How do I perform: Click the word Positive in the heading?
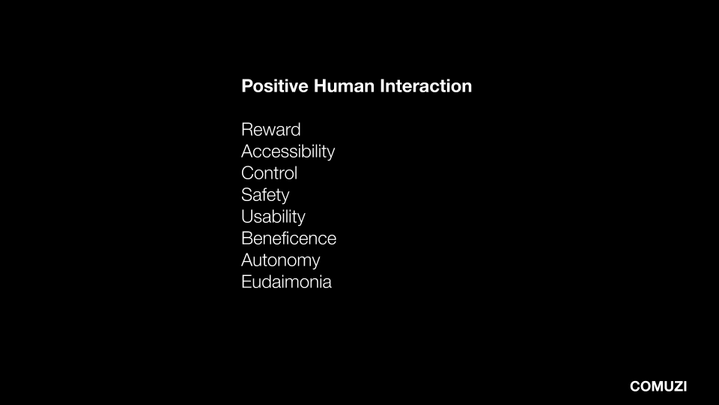point(275,85)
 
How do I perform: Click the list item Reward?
point(271,130)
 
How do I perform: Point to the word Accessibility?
point(288,151)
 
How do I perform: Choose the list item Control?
point(269,173)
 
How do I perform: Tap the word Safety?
point(265,195)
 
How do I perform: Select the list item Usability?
point(273,217)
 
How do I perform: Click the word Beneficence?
point(289,238)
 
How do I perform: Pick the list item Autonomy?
point(281,260)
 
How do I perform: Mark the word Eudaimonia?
point(287,282)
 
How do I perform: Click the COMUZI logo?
point(658,386)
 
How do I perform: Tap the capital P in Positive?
point(247,85)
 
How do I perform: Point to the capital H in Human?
point(320,85)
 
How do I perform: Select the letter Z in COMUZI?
point(677,386)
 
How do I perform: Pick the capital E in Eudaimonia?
point(246,282)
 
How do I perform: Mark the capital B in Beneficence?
point(247,238)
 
